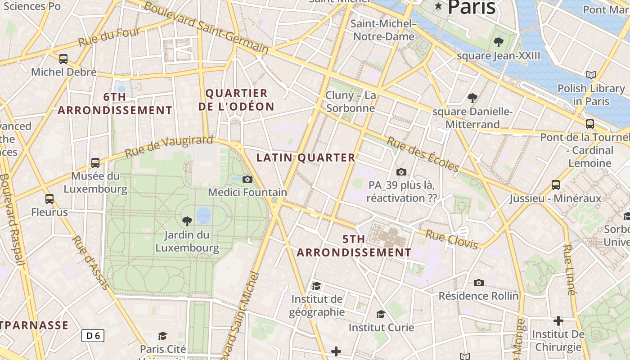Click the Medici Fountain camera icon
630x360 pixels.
(247, 179)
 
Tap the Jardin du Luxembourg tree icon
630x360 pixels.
(187, 221)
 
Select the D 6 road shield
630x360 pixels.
(93, 335)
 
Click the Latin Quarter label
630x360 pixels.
(306, 157)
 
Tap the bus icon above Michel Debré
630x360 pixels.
(63, 58)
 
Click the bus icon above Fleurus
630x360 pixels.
(49, 198)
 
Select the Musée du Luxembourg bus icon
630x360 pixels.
(95, 162)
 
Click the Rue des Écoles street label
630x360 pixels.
(423, 154)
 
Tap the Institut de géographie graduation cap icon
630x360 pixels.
(317, 286)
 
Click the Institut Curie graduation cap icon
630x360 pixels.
(381, 314)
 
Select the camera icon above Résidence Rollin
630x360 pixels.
(479, 283)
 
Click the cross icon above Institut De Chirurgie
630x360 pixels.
(558, 321)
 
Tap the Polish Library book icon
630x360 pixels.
(591, 75)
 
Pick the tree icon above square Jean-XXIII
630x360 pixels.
(498, 42)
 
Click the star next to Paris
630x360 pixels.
(438, 6)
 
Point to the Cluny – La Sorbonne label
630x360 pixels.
(351, 102)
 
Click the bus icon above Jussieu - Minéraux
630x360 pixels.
(556, 184)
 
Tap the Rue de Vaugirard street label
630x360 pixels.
(168, 146)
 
